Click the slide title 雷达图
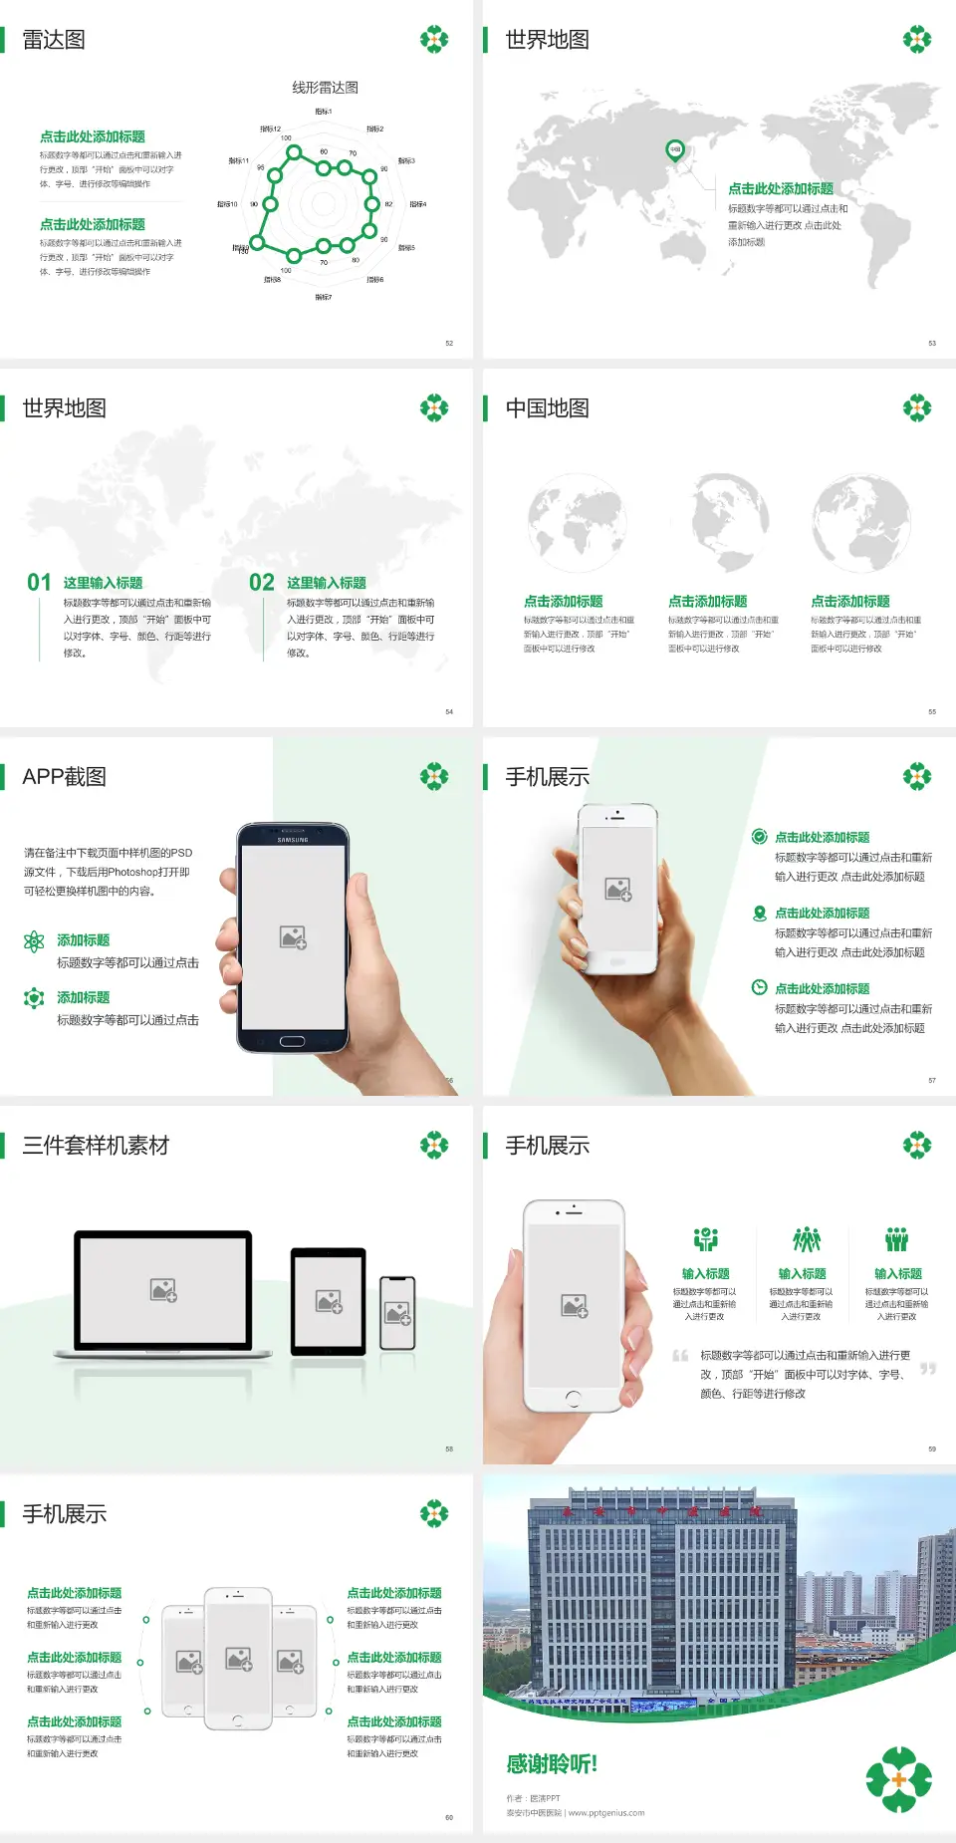54,40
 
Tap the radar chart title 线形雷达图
325,88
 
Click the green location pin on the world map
674,150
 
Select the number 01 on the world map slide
39,583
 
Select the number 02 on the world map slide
262,583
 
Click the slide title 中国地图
547,408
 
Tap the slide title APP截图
64,777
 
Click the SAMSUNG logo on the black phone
293,840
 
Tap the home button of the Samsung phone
292,1041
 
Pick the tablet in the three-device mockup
329,1300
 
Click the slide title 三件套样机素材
96,1146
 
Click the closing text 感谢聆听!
552,1764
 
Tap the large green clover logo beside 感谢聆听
898,1779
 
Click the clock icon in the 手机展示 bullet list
759,987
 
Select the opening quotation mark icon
680,1356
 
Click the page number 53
932,344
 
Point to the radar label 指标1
324,112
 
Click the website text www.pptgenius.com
606,1813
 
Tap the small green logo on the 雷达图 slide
434,40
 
